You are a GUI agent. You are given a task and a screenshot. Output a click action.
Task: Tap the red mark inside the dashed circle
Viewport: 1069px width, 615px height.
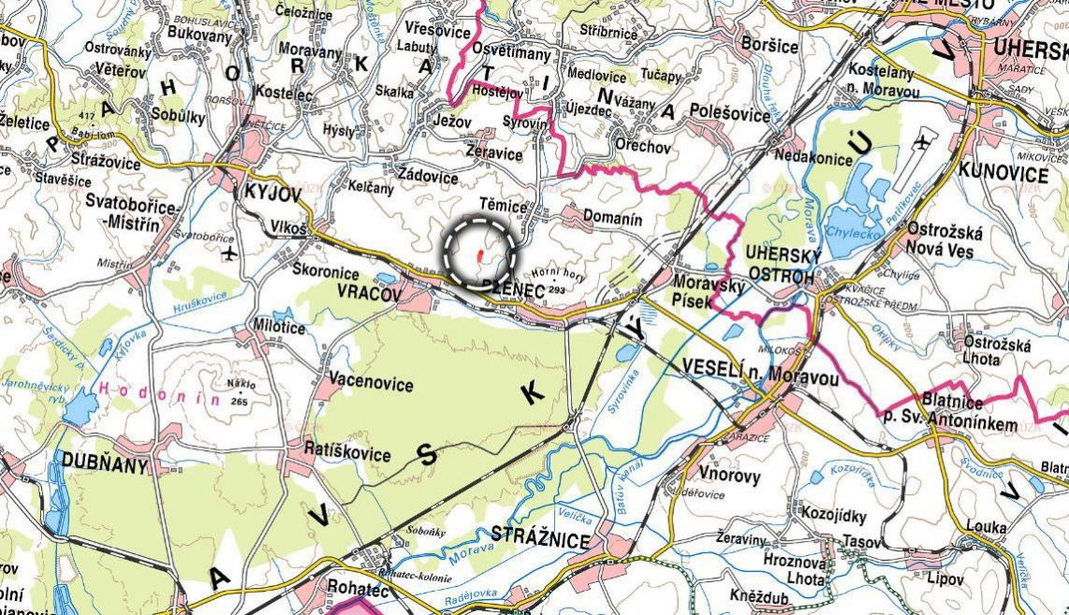[479, 253]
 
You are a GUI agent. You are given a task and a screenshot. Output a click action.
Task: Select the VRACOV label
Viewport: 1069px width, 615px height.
[369, 294]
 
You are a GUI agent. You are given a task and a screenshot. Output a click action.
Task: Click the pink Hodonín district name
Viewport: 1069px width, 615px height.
[159, 397]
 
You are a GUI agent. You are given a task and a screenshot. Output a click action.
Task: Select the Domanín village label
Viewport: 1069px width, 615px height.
[612, 219]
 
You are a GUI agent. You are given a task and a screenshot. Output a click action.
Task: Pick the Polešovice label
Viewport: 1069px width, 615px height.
[729, 114]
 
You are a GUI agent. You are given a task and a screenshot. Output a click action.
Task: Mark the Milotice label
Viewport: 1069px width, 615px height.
[279, 328]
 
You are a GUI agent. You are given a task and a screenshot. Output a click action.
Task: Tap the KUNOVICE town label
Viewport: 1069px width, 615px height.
[1003, 175]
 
